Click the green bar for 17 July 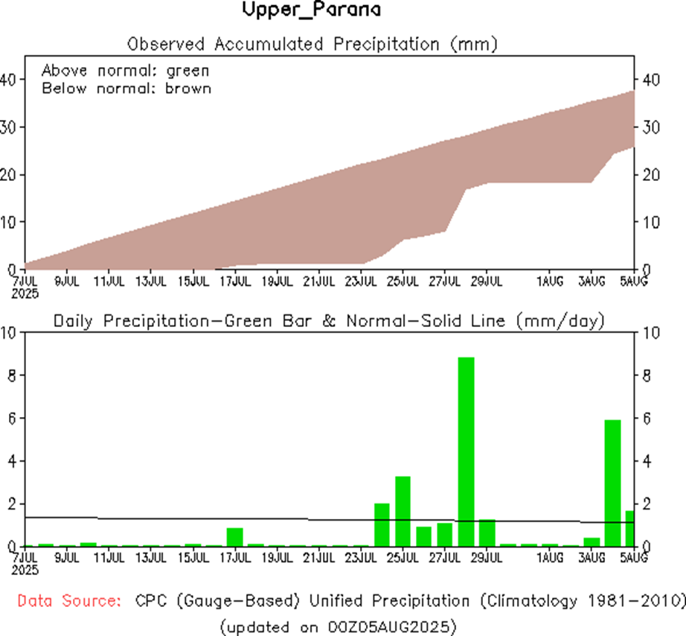(x=235, y=536)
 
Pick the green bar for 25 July (x=403, y=511)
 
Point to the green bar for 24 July (x=382, y=524)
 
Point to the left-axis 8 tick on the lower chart (x=10, y=375)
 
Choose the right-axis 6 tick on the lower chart (x=647, y=419)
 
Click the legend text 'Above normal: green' (x=125, y=71)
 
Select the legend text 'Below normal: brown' (x=126, y=89)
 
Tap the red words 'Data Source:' (x=69, y=600)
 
